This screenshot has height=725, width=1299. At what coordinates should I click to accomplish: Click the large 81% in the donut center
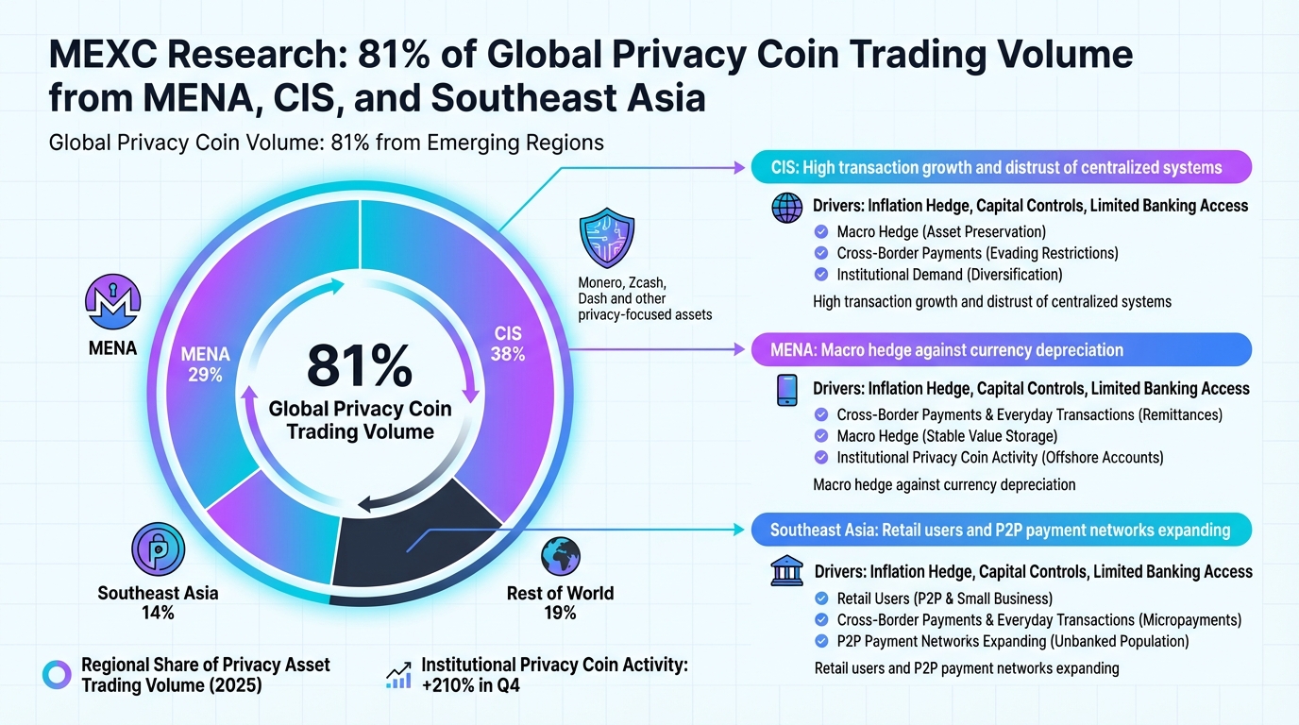pyautogui.click(x=360, y=366)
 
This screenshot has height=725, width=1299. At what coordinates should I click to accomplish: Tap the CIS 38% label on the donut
pyautogui.click(x=508, y=345)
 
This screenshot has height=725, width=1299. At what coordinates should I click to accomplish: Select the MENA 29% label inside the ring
pyautogui.click(x=205, y=364)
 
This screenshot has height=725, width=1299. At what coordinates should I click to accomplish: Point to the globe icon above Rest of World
pyautogui.click(x=561, y=557)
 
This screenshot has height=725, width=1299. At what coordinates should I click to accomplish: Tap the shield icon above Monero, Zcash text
pyautogui.click(x=608, y=240)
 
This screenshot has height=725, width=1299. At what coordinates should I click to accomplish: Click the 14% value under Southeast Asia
pyautogui.click(x=158, y=614)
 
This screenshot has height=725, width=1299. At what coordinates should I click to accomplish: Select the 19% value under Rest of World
pyautogui.click(x=560, y=614)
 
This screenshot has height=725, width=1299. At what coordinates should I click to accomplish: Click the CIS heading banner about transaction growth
pyautogui.click(x=1001, y=168)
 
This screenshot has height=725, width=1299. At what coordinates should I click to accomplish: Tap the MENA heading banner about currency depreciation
pyautogui.click(x=1001, y=350)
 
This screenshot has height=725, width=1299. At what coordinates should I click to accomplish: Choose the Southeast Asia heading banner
pyautogui.click(x=1001, y=530)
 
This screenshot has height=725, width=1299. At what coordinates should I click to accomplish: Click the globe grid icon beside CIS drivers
pyautogui.click(x=786, y=207)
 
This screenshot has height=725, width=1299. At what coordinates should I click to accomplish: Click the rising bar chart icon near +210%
pyautogui.click(x=398, y=674)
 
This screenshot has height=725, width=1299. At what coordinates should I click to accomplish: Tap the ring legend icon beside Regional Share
pyautogui.click(x=58, y=674)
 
